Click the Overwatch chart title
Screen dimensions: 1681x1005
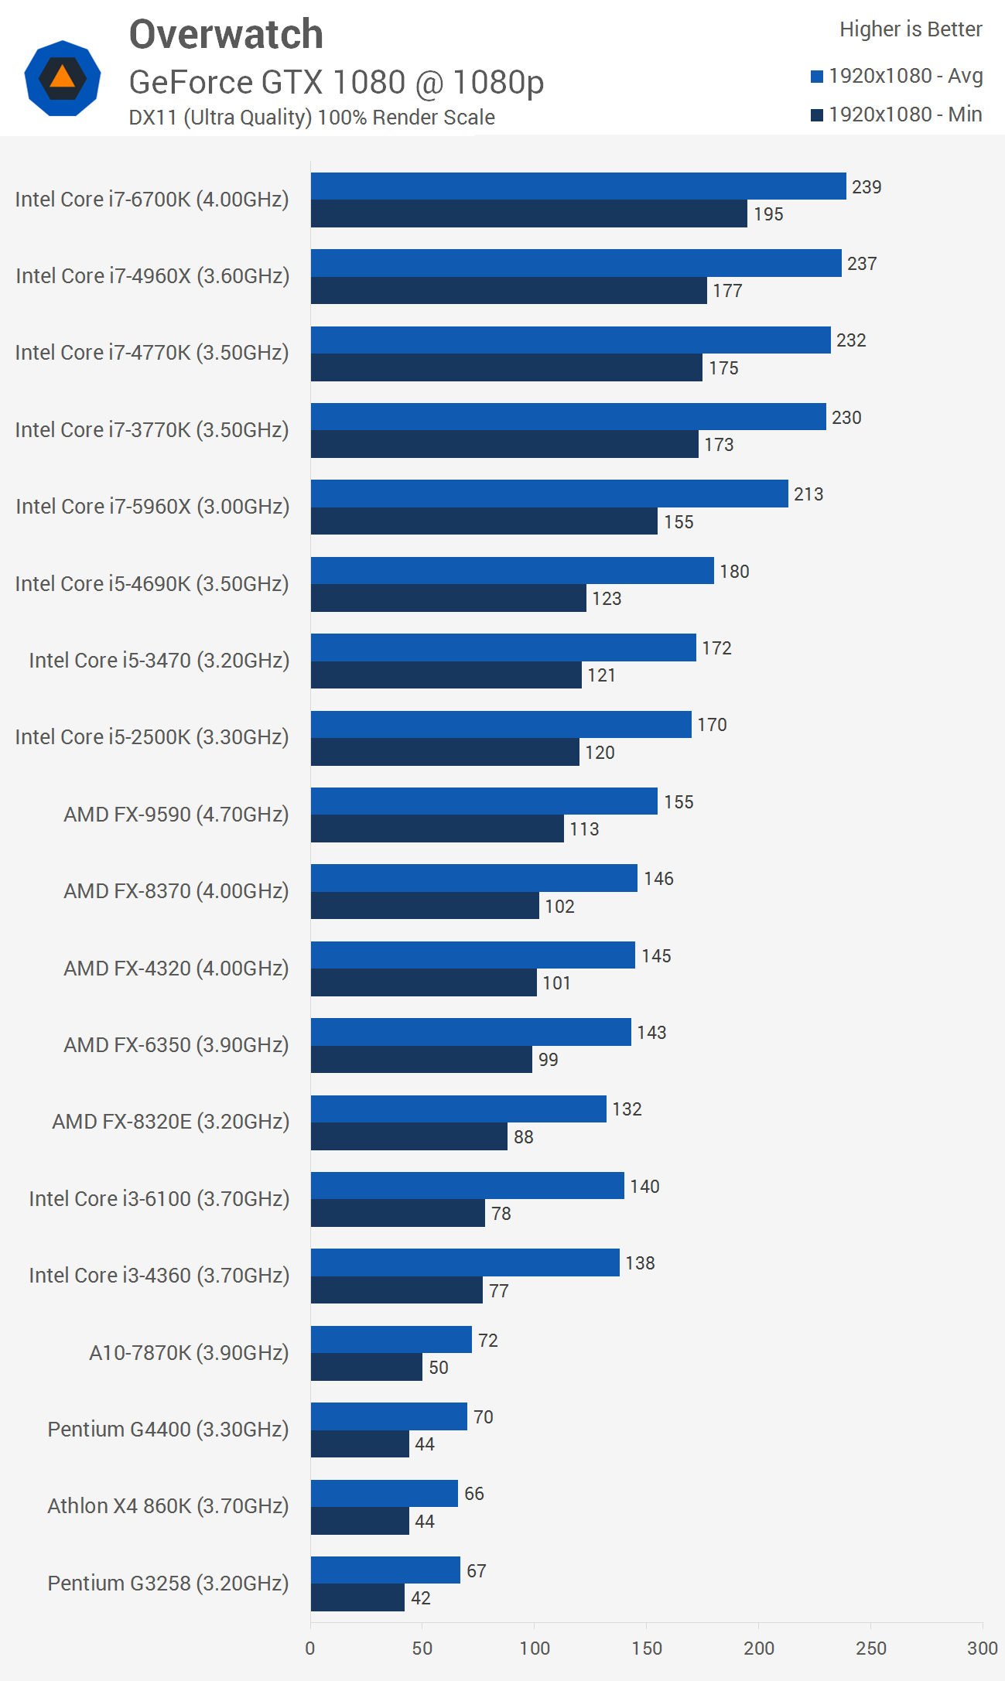pos(226,35)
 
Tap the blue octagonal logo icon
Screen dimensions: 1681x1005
pos(63,78)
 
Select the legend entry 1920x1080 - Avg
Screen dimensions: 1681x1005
pos(897,76)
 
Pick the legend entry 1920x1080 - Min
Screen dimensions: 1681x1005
pos(897,114)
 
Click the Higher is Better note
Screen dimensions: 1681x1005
pos(911,29)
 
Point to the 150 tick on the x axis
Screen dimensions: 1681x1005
pos(647,1648)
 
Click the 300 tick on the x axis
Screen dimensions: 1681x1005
pos(982,1648)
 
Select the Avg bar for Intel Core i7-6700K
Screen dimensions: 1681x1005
pos(578,186)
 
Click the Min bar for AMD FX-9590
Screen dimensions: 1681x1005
pos(437,829)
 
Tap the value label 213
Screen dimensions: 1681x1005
pos(808,494)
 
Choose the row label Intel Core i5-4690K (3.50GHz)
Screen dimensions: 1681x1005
pos(152,583)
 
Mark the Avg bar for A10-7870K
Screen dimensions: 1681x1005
pos(391,1339)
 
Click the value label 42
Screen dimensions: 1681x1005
pos(421,1598)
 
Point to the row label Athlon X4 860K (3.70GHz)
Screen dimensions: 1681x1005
pos(168,1505)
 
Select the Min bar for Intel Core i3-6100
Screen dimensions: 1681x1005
pos(398,1213)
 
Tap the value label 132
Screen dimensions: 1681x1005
pos(627,1109)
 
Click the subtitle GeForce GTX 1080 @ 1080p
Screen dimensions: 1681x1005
pos(336,82)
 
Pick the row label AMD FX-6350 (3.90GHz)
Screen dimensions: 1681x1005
pos(176,1044)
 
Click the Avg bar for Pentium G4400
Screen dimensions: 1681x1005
pos(388,1416)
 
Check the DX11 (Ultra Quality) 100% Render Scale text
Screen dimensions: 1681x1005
pos(312,118)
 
